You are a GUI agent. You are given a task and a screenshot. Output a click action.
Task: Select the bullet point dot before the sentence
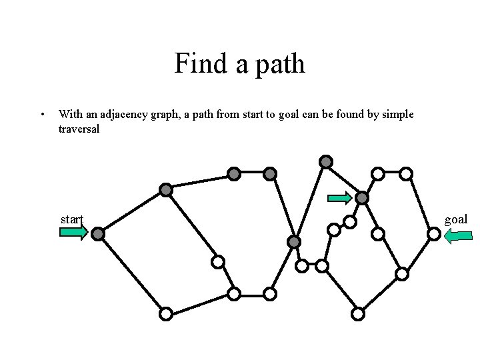(x=43, y=115)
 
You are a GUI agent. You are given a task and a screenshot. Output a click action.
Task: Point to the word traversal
(x=79, y=129)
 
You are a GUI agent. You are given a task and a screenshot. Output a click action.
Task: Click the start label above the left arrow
(x=71, y=219)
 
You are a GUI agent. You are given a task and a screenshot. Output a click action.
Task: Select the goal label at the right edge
(x=456, y=219)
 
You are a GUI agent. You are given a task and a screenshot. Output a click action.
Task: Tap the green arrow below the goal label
(x=458, y=235)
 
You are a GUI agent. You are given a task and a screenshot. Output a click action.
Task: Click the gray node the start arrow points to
(x=98, y=234)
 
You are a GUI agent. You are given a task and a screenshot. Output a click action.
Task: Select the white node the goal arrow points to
(x=433, y=234)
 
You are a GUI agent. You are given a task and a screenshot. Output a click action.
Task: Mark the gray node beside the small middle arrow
(x=362, y=198)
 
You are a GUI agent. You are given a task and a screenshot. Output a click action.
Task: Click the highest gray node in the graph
(x=325, y=161)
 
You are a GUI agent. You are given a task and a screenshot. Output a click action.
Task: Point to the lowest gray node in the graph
(x=294, y=241)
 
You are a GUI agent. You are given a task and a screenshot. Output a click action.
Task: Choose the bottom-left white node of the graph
(x=166, y=313)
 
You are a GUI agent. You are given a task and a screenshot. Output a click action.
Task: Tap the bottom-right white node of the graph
(x=358, y=313)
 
